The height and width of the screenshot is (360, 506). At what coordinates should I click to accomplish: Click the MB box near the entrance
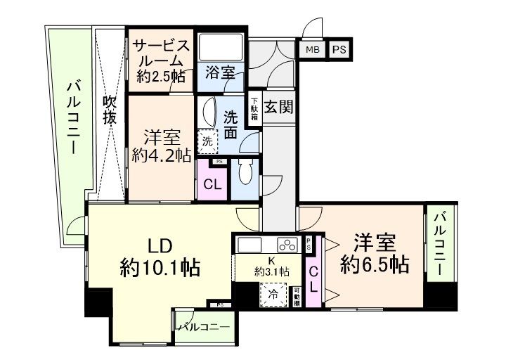point(311,49)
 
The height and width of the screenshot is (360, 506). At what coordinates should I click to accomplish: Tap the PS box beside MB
point(339,49)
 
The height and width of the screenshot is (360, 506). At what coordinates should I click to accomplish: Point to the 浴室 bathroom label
point(219,72)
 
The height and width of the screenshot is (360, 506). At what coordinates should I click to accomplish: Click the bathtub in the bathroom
point(220,47)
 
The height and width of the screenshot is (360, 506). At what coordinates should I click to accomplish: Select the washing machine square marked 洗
point(207,141)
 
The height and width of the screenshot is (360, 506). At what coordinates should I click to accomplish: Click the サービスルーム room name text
point(162,53)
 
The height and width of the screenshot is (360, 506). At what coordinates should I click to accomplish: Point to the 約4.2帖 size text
point(162,155)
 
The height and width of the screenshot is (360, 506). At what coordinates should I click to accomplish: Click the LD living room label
point(160,247)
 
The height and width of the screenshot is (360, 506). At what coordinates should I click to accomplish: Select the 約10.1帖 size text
point(160,267)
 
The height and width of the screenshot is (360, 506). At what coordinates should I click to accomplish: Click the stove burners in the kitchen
point(287,245)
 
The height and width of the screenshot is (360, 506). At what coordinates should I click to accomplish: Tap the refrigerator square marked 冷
point(272,294)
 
